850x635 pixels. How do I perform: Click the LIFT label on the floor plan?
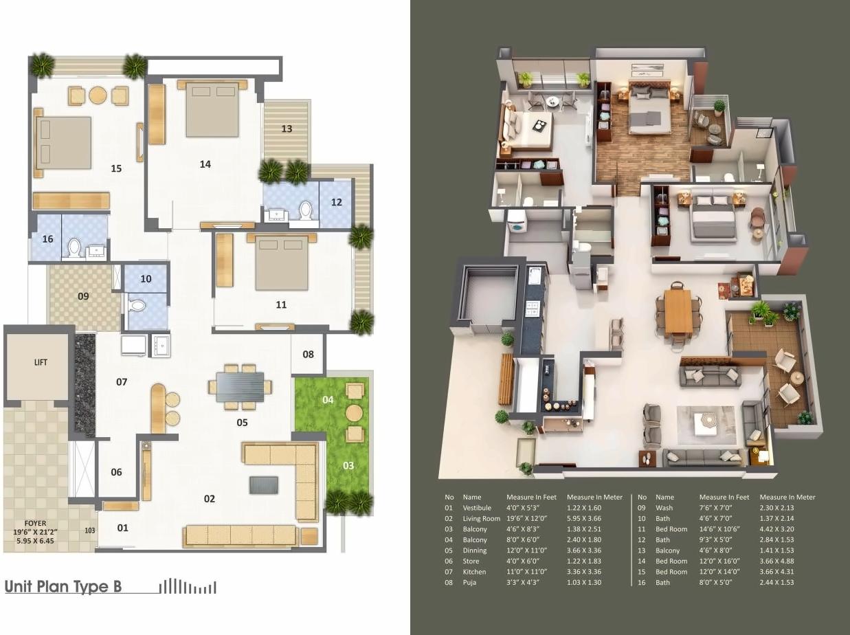[41, 362]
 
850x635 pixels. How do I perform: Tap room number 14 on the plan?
[205, 164]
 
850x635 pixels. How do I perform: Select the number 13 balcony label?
[287, 129]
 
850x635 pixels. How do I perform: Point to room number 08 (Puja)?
[308, 354]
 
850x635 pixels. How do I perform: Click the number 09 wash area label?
[83, 296]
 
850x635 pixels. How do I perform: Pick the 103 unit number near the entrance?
[89, 530]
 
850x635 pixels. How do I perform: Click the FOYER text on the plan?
[36, 523]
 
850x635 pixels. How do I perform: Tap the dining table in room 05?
[240, 386]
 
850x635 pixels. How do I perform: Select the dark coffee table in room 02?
[264, 484]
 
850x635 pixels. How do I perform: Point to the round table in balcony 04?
[354, 412]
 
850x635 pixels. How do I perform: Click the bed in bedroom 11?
[282, 265]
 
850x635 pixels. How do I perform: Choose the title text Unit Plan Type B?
[63, 587]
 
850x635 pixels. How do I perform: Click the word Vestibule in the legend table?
[477, 508]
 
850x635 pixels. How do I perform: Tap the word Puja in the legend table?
[471, 582]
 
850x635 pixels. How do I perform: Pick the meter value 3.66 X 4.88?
[776, 561]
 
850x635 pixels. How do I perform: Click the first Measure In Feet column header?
[531, 497]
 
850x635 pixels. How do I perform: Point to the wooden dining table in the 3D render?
[678, 311]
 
